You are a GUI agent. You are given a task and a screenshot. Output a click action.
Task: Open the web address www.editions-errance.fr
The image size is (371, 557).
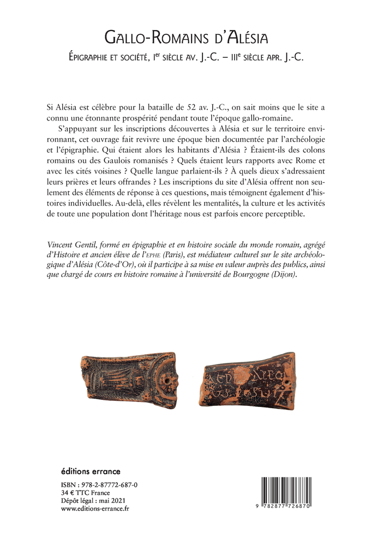pyautogui.click(x=95, y=508)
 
